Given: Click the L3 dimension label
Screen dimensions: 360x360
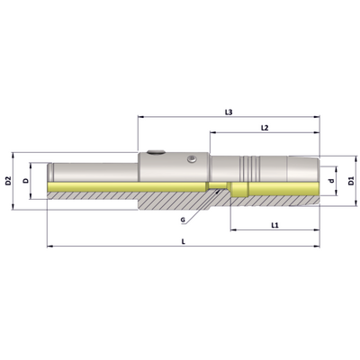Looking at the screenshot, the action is (229, 112).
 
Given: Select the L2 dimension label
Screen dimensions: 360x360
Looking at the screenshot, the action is (265, 128).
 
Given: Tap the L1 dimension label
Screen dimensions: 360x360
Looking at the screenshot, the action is (274, 225).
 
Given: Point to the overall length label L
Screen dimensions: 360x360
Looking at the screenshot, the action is (184, 241).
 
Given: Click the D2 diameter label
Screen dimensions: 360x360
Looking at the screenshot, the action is (8, 181).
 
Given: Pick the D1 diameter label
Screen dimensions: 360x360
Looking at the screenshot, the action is (351, 181).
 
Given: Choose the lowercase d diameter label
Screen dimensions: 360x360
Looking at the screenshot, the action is (331, 181).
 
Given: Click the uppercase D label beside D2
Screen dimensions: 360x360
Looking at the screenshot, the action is (26, 181).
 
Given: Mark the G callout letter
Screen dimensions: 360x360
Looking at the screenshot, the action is (183, 220).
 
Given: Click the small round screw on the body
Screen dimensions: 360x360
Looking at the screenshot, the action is (191, 159).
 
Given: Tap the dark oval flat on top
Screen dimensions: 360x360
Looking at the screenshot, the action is (156, 152).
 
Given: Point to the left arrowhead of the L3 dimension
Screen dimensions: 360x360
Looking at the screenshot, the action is (140, 117).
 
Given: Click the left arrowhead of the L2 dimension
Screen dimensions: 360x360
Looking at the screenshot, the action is (212, 132).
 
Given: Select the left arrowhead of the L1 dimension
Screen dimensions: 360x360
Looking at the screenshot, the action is (233, 230).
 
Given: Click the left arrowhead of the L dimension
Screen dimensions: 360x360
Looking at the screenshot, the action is (49, 247).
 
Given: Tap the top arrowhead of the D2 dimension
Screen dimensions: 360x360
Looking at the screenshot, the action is (13, 155).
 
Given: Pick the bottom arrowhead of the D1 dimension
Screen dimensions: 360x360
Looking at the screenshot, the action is (355, 203).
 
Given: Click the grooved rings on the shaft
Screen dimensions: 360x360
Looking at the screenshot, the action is (249, 168).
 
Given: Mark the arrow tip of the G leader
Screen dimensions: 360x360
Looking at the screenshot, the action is (217, 190).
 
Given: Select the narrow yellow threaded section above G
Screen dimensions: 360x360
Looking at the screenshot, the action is (218, 185).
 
